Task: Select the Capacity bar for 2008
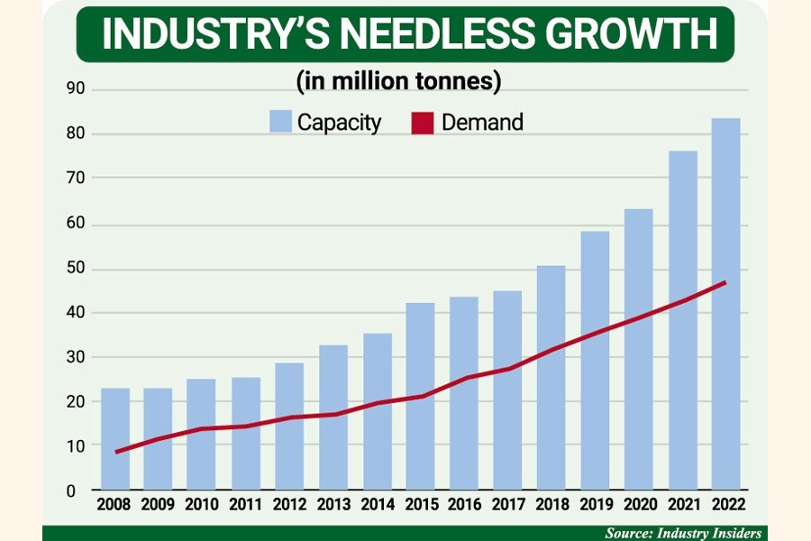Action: tap(115, 439)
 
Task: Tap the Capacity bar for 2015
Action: tap(420, 397)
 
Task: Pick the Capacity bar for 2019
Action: tap(595, 361)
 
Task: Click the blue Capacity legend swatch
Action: tap(280, 122)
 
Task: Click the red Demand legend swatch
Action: tap(424, 122)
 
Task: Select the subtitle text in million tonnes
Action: tap(398, 81)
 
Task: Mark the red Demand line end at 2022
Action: tap(725, 282)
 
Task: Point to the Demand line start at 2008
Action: tap(115, 452)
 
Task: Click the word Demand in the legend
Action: tap(482, 122)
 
